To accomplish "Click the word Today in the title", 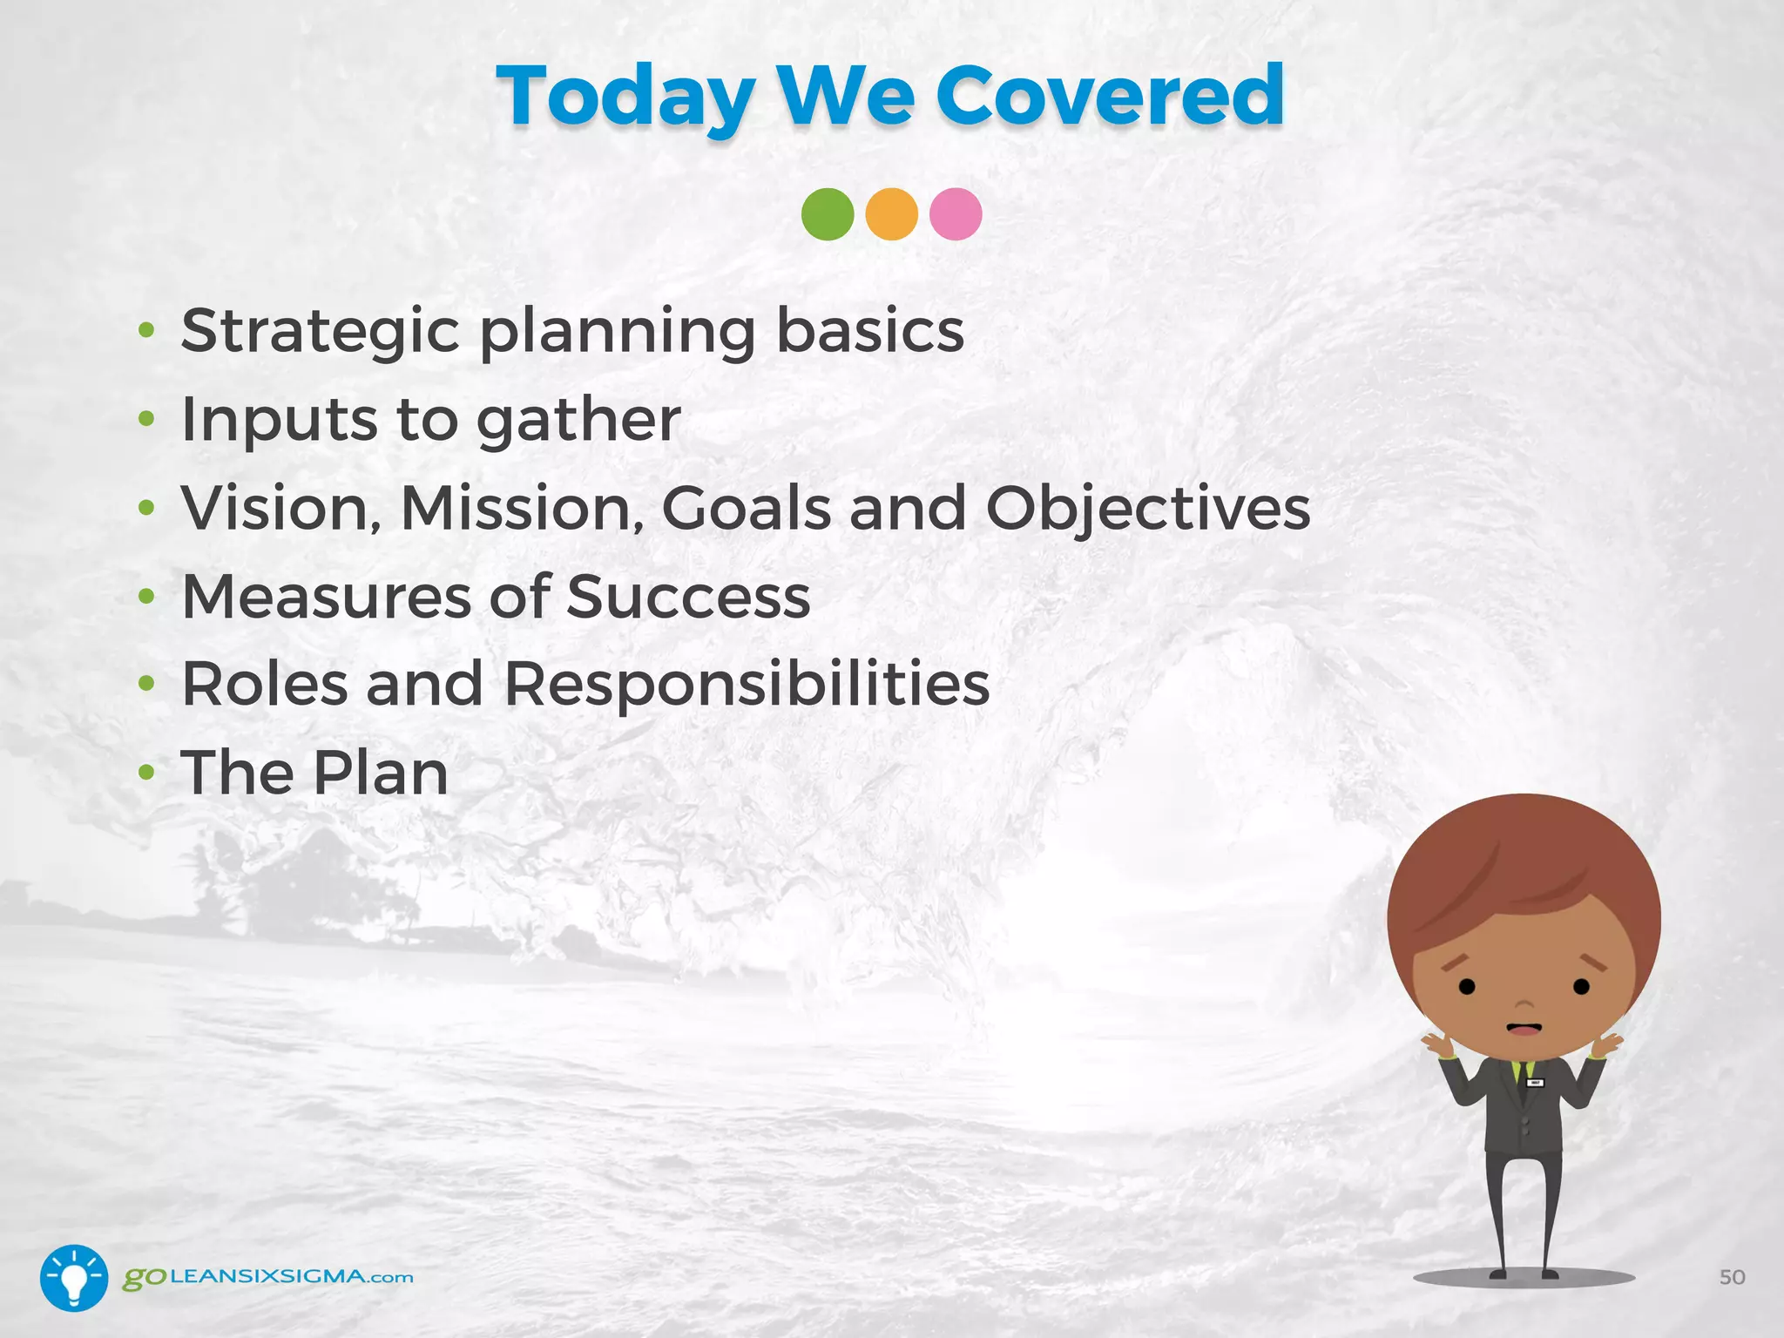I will tap(625, 98).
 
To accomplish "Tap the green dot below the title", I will tap(827, 214).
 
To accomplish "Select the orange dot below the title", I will tap(891, 214).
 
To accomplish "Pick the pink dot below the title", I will tap(956, 214).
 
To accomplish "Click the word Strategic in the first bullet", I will tap(320, 332).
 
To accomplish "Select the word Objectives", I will tap(1147, 509).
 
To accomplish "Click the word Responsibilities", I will tap(747, 685).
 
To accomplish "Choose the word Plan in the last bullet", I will tap(381, 773).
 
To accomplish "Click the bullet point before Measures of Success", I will tap(146, 597).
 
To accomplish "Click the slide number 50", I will tap(1732, 1277).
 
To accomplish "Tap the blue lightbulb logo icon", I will tap(74, 1278).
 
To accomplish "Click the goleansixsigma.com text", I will tap(267, 1277).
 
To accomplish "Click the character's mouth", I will tap(1524, 1029).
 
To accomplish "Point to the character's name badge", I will tap(1535, 1083).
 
